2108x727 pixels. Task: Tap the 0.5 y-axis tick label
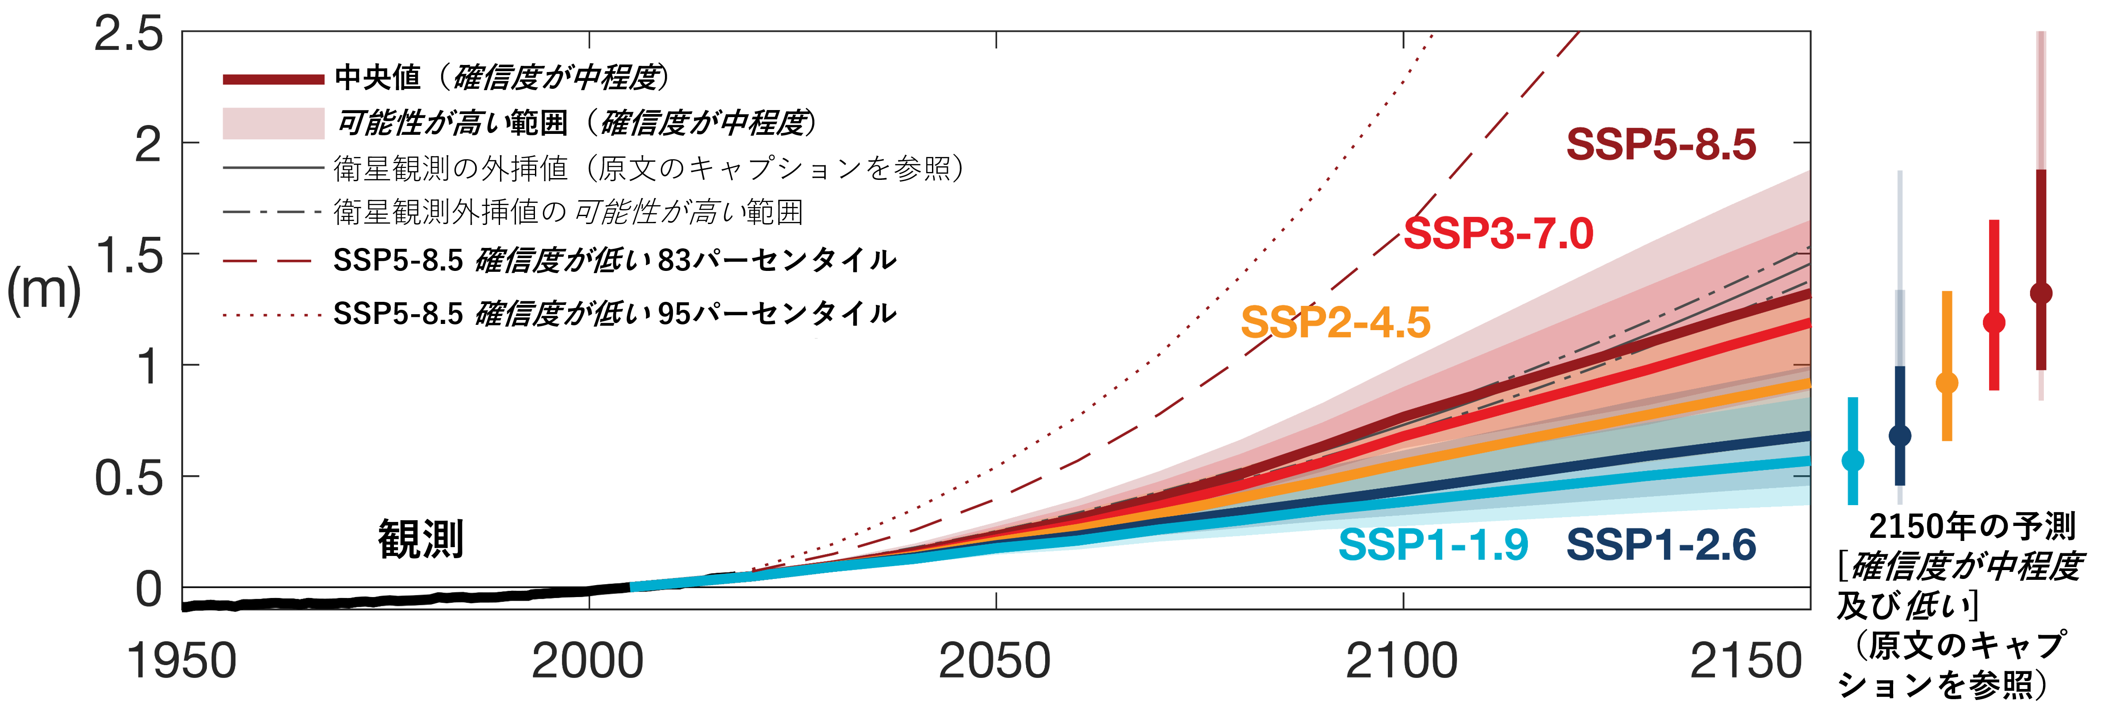click(129, 478)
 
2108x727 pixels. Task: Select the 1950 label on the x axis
click(182, 661)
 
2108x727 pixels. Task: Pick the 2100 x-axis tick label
click(1402, 661)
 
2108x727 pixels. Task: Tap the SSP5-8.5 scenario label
click(1661, 145)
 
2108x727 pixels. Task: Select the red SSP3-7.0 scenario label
click(1498, 234)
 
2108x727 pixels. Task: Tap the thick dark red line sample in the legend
click(273, 79)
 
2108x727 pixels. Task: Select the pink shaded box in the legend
click(273, 123)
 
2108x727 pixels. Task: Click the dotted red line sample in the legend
click(273, 315)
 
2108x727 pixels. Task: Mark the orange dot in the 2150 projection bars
click(1947, 383)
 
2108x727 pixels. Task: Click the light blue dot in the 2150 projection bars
click(1853, 461)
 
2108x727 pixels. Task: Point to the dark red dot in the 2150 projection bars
click(2041, 293)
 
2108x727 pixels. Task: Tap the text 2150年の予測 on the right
click(1972, 527)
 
